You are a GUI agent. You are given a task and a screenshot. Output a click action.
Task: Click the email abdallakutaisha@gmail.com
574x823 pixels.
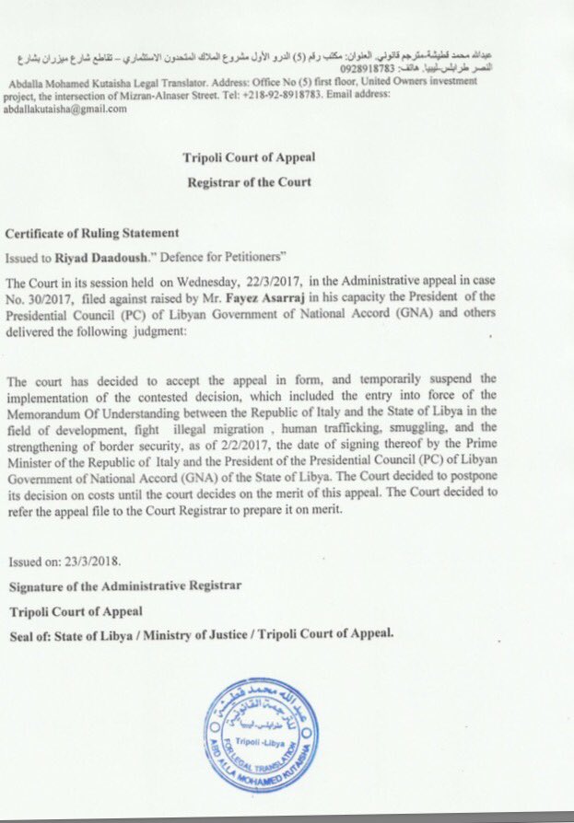pos(65,108)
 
